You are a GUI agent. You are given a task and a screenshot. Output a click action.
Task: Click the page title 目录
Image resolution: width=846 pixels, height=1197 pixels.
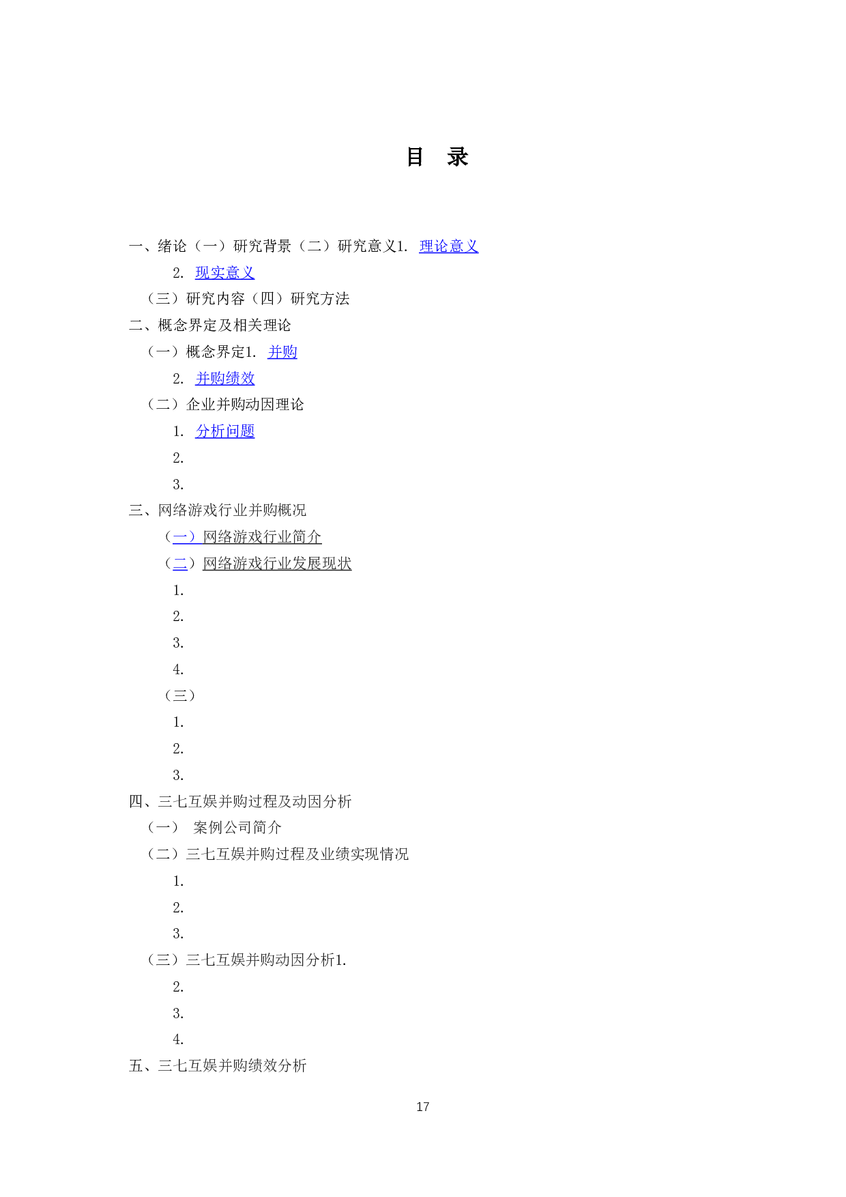pos(437,157)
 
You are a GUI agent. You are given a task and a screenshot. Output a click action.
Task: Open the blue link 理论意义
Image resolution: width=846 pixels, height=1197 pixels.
pos(448,246)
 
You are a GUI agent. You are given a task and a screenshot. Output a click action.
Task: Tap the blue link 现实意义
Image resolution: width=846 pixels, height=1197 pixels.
pos(224,273)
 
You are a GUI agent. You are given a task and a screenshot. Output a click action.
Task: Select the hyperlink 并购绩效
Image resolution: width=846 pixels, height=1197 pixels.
pos(224,379)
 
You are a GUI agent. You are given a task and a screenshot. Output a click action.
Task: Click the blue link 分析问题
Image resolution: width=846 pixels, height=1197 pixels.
pos(224,431)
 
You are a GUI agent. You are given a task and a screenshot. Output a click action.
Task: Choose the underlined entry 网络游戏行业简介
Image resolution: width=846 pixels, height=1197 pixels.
pos(262,537)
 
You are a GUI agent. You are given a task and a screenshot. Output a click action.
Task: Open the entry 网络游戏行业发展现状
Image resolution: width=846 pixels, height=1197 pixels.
pos(277,564)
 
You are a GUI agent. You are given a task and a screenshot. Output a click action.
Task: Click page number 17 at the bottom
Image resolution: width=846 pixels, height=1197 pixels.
pos(422,1106)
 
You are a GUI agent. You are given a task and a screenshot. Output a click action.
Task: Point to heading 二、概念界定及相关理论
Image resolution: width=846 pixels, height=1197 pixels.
pos(210,326)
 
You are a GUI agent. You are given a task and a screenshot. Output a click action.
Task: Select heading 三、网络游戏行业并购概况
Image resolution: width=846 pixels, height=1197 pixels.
pos(218,510)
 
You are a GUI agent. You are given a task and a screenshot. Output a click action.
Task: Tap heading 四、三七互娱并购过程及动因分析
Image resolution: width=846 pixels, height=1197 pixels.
pos(240,801)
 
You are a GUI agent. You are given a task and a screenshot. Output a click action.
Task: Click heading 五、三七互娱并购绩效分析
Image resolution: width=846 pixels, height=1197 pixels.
pos(218,1065)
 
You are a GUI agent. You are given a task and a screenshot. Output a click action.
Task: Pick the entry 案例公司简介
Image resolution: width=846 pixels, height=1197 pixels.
pos(237,828)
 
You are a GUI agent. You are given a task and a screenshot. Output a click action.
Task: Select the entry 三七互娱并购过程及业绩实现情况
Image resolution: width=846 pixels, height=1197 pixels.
pos(297,854)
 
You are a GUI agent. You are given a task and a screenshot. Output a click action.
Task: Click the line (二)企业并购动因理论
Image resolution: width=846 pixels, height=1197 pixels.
pos(226,405)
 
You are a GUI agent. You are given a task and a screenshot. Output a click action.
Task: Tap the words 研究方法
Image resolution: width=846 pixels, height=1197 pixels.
pos(320,299)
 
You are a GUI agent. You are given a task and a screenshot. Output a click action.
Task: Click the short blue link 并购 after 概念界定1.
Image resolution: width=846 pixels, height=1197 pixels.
pos(282,352)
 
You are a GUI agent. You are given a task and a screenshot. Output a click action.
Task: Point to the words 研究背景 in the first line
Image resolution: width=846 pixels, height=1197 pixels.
pos(262,246)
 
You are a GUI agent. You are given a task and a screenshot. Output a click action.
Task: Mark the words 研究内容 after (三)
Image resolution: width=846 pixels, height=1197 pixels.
pos(215,299)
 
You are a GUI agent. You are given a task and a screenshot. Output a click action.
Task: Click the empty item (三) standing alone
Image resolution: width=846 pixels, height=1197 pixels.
pos(180,695)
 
